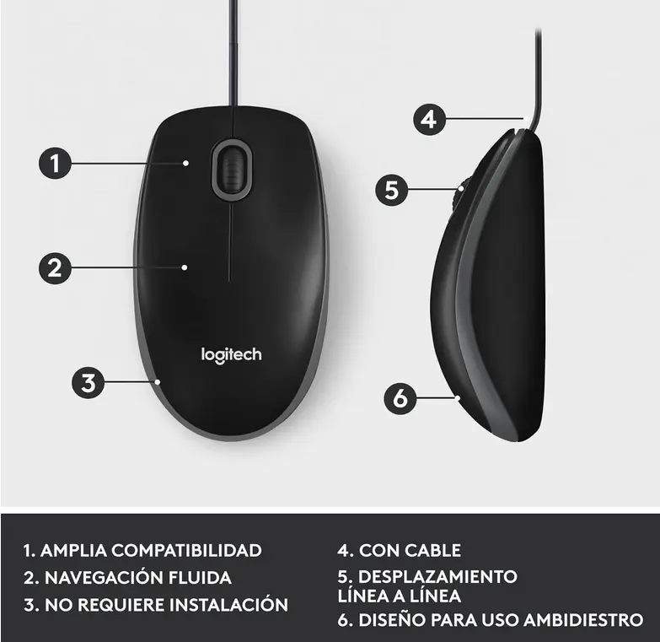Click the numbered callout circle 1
56,162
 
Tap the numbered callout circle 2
56,268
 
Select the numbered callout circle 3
88,382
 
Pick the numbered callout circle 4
429,119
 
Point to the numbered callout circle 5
391,189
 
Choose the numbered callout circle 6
401,397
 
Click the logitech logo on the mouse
231,354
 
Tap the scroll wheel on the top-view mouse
231,170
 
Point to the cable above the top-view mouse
231,51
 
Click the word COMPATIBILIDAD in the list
186,551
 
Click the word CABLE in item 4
433,551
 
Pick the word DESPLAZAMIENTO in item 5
437,577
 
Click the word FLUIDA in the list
202,578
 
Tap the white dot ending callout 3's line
157,381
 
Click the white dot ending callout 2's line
185,267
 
